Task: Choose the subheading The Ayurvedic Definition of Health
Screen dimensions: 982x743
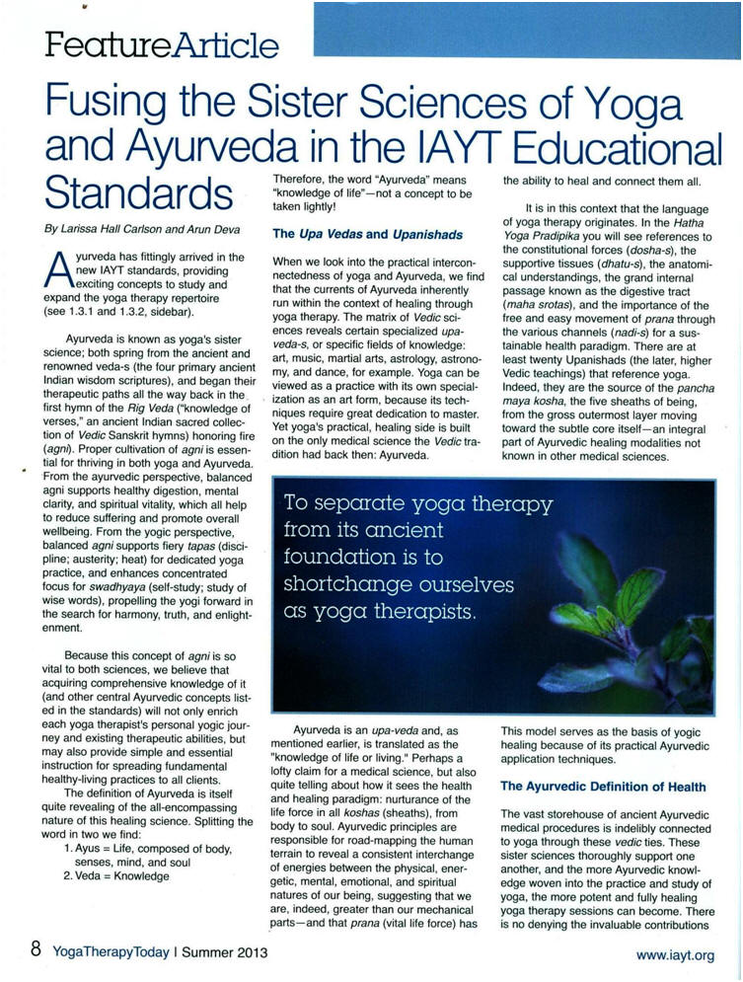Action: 603,786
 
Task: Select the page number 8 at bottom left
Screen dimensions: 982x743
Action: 35,950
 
